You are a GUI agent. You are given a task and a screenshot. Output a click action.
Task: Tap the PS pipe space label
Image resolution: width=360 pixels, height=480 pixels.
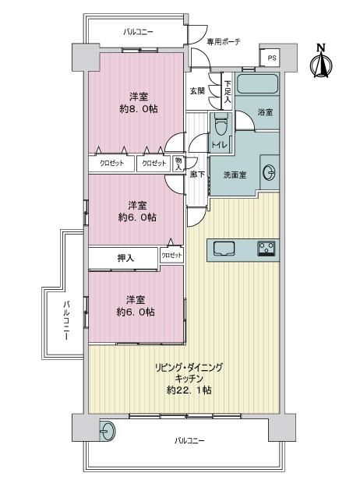click(272, 58)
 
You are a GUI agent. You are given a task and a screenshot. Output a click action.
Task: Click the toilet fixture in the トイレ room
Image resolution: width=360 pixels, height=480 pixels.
click(221, 125)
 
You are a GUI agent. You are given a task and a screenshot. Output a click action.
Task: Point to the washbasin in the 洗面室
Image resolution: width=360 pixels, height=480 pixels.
click(269, 173)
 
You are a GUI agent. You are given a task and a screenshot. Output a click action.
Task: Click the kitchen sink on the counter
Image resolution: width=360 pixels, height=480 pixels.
click(224, 248)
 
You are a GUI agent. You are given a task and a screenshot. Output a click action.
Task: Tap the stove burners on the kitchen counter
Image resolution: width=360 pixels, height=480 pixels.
click(266, 249)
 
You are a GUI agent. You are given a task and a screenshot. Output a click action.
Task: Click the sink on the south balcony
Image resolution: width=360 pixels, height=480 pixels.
click(108, 432)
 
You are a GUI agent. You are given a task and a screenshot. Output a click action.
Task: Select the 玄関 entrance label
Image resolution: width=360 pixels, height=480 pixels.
click(197, 91)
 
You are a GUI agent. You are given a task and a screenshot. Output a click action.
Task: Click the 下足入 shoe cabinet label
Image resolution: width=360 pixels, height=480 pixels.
click(228, 91)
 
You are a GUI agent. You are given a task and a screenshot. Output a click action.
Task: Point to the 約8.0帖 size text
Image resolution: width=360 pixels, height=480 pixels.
click(139, 109)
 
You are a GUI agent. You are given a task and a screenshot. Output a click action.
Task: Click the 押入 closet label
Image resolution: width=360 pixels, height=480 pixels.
click(125, 259)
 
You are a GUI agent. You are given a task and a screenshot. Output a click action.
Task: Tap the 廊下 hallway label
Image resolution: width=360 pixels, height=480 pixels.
click(197, 175)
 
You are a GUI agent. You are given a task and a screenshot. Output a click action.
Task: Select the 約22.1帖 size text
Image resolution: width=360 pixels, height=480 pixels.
click(189, 390)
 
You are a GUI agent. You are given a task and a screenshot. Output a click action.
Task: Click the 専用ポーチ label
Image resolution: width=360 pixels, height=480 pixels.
click(224, 42)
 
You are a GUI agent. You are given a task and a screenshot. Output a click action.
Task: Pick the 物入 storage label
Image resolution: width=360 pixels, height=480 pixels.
click(178, 164)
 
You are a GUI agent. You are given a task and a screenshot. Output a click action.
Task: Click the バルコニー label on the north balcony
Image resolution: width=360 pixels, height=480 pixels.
click(138, 32)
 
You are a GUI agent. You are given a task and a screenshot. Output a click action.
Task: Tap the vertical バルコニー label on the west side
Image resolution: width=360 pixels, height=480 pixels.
click(66, 321)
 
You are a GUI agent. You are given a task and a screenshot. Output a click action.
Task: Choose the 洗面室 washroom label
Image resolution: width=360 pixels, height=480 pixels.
click(235, 175)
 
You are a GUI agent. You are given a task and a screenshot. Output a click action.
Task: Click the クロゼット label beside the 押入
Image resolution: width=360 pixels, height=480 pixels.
click(171, 255)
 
